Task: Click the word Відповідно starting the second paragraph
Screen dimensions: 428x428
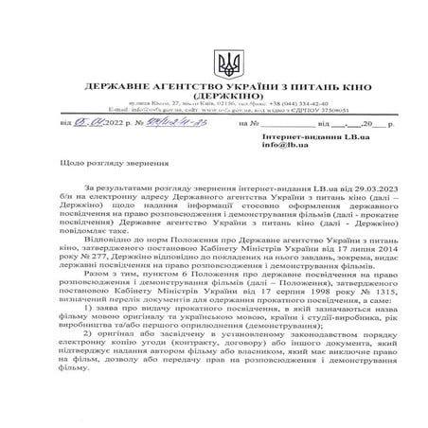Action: tap(105, 241)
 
